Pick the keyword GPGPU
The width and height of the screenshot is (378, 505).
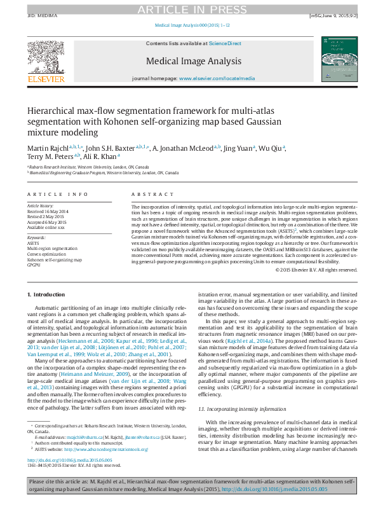33,265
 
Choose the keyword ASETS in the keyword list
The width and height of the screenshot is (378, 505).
32,243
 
